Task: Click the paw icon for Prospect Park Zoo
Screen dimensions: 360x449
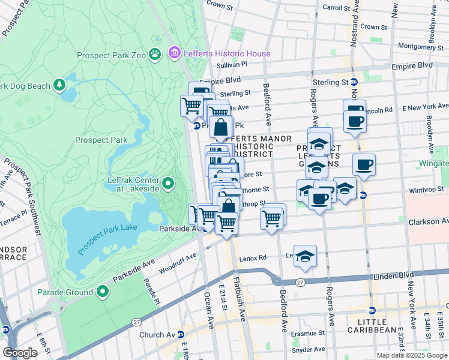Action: pos(155,55)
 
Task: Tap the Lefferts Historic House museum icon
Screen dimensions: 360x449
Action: pos(175,53)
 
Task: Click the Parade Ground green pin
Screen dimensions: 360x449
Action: pos(103,292)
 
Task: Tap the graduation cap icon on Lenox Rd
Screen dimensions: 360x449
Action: pos(305,256)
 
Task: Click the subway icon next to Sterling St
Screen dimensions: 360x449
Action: pos(354,82)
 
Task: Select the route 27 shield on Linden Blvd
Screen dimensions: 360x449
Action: pos(300,281)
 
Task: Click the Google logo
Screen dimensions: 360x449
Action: pos(20,353)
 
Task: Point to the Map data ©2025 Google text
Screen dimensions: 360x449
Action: pos(411,355)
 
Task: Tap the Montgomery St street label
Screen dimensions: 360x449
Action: pos(420,46)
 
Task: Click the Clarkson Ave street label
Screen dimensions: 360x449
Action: pos(428,221)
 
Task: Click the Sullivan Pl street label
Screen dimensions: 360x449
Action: pos(232,64)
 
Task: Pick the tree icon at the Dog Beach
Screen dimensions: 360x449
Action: pos(59,86)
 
